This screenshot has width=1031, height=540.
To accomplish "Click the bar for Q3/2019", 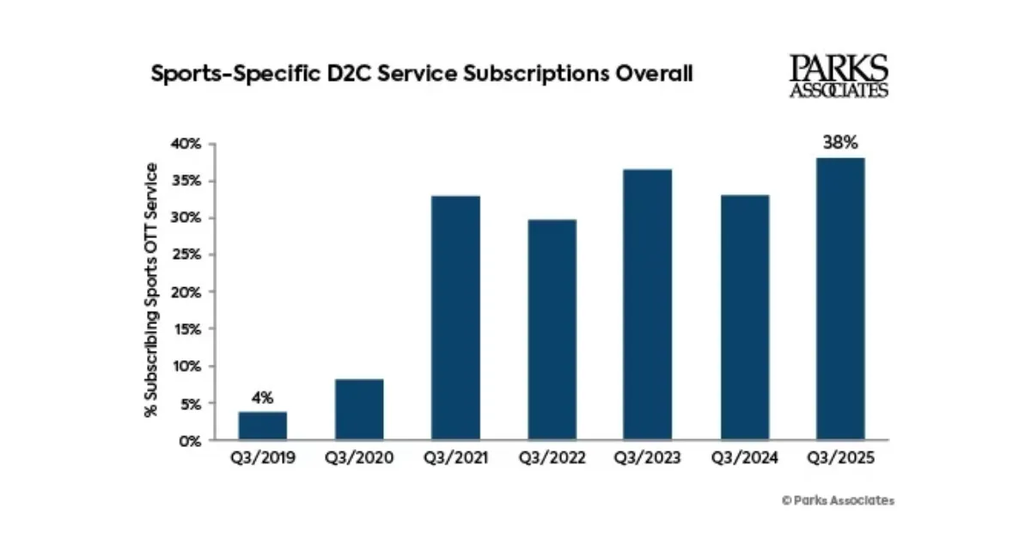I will [263, 426].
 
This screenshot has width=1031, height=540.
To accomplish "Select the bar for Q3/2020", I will [359, 409].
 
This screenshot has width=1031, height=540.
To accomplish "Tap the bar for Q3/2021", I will [455, 318].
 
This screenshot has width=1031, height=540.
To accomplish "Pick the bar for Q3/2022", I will [552, 329].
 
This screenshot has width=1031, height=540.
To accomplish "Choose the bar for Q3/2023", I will [648, 304].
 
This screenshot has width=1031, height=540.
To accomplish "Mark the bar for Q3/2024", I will [744, 317].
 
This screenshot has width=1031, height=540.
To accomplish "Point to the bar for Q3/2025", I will [840, 298].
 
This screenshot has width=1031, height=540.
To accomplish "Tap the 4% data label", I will [262, 397].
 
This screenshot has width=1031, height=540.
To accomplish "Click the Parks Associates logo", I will [839, 76].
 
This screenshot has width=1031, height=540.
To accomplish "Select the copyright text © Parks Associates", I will [838, 500].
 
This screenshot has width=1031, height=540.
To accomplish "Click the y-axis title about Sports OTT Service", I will [152, 291].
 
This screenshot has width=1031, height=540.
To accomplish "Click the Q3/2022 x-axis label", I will [552, 458].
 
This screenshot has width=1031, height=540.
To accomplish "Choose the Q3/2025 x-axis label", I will [840, 458].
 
